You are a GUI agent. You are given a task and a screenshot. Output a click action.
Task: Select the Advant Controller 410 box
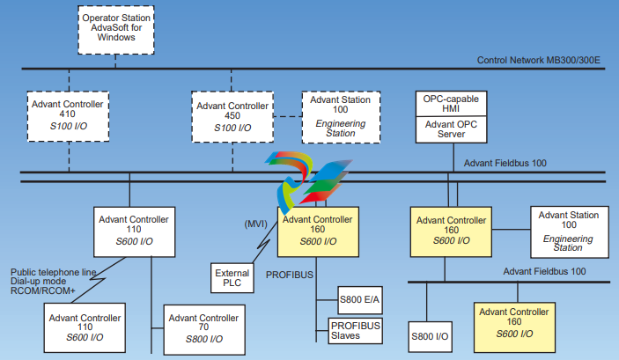pos(69,117)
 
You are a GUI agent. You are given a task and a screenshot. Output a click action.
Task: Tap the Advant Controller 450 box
pos(232,117)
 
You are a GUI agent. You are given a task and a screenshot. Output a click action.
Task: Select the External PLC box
pos(232,280)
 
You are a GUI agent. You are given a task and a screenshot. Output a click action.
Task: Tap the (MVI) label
pos(254,224)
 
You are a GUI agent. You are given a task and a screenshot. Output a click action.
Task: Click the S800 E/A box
pos(361,299)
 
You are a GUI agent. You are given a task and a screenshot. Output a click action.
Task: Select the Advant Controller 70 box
pos(204,325)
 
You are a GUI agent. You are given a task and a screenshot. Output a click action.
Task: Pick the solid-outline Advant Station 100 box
pos(568,231)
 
